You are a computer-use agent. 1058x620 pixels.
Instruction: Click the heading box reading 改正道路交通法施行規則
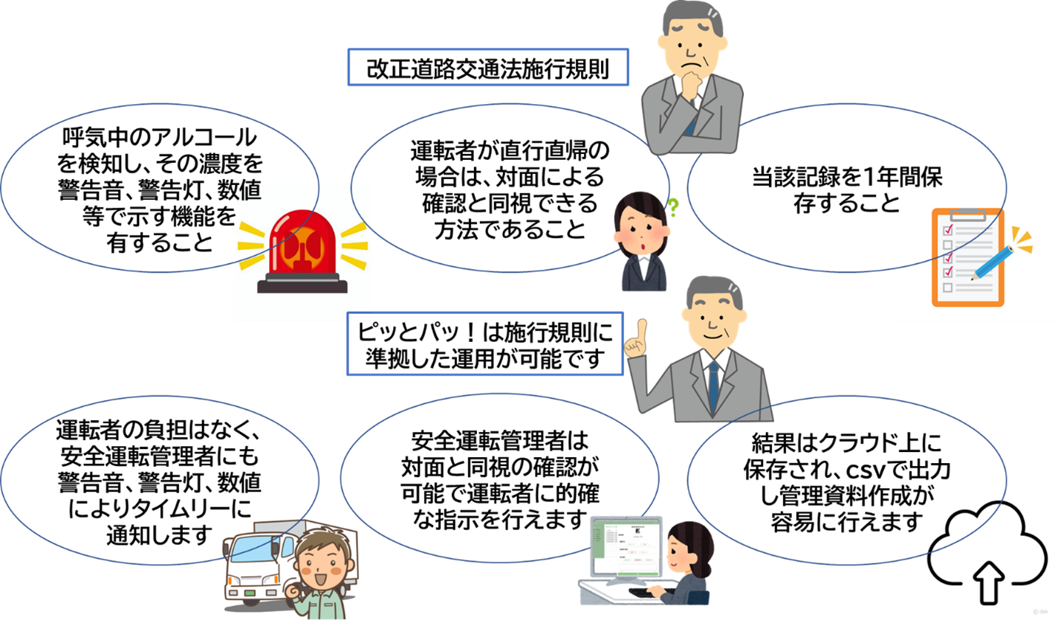pyautogui.click(x=488, y=68)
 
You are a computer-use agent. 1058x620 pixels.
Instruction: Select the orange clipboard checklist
pyautogui.click(x=967, y=257)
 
